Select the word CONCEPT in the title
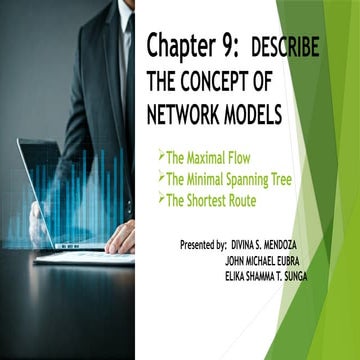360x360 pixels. pos(223,78)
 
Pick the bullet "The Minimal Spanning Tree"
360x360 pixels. pos(238,179)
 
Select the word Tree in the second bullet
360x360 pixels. pos(304,179)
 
